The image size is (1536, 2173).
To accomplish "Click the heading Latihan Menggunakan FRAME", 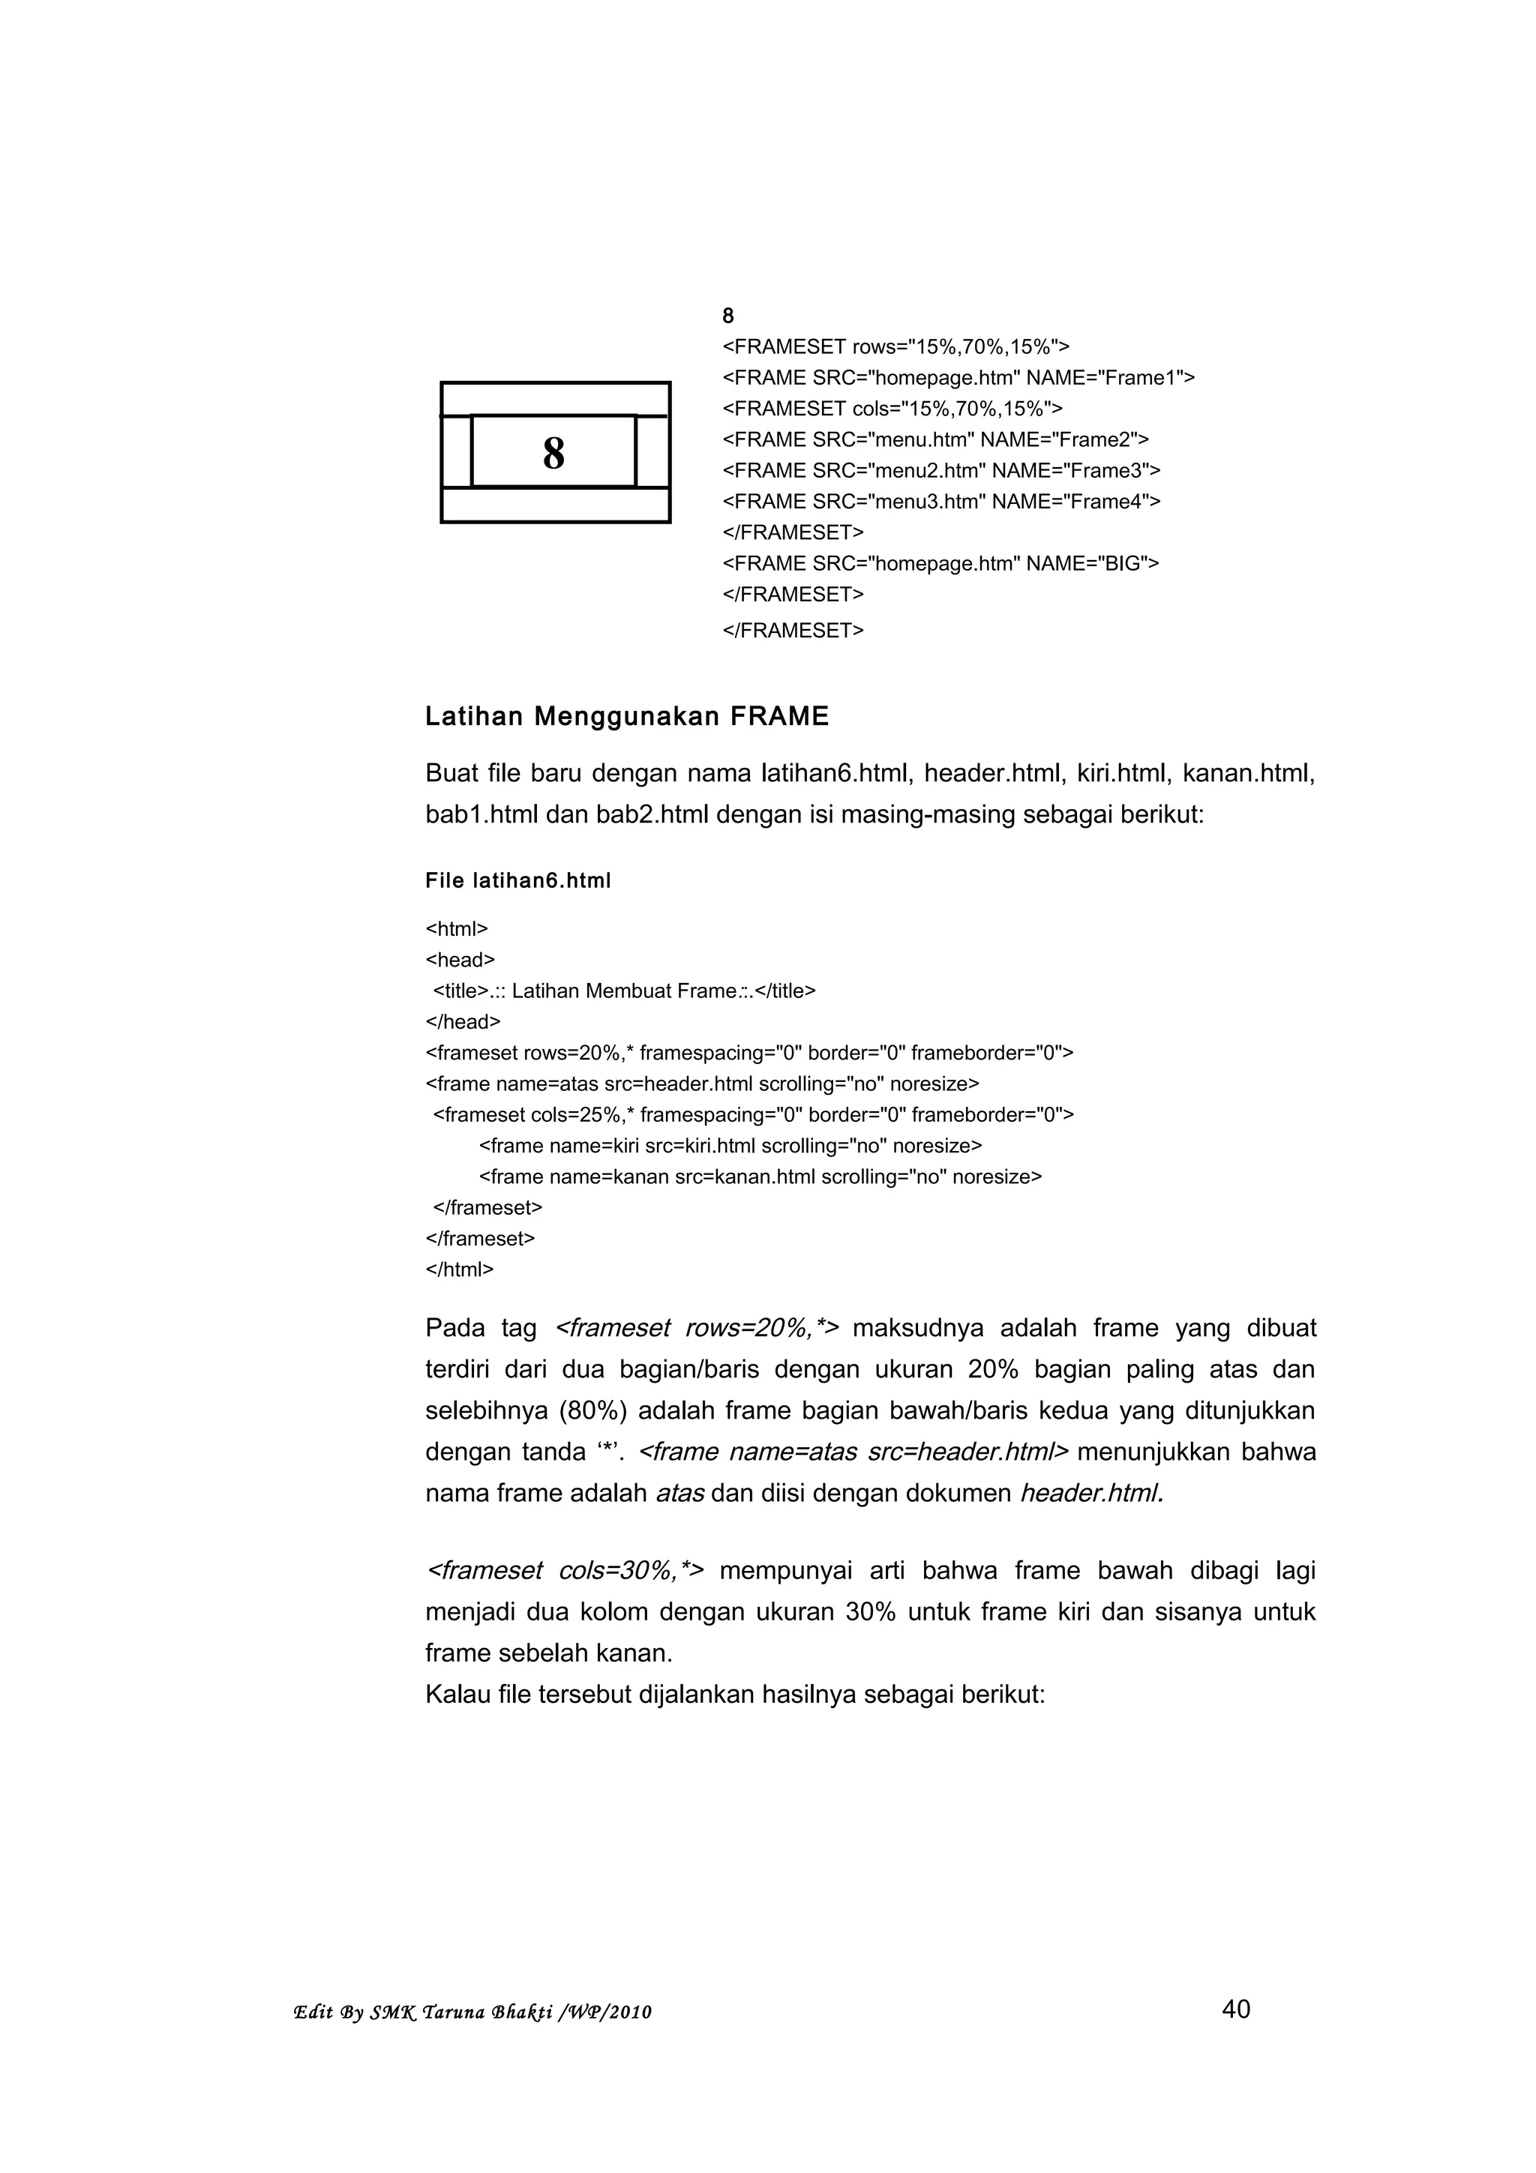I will pyautogui.click(x=626, y=716).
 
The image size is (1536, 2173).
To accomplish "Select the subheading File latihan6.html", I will pyautogui.click(x=517, y=881).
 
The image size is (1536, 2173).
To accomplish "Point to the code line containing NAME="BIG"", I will pyautogui.click(x=940, y=564).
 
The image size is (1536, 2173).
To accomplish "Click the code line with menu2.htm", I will pyautogui.click(x=940, y=470).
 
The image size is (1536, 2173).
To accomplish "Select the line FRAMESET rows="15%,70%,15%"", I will pyautogui.click(x=895, y=346).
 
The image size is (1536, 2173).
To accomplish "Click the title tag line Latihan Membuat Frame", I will pyautogui.click(x=624, y=991).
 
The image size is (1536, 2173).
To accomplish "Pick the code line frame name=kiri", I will pyautogui.click(x=730, y=1146).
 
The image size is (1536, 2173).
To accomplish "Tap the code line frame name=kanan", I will pyautogui.click(x=759, y=1177).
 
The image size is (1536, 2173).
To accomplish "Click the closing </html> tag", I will pyautogui.click(x=459, y=1270).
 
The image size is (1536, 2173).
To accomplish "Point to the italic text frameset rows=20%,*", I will pyautogui.click(x=695, y=1329).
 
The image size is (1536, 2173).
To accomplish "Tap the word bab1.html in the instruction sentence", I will pyautogui.click(x=481, y=815).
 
